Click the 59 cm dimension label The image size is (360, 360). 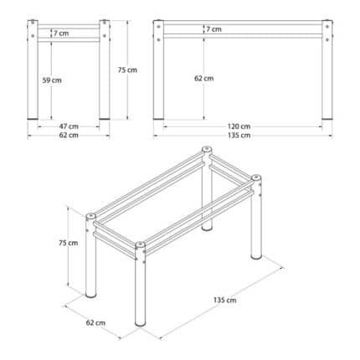52,80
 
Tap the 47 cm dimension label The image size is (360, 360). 69,126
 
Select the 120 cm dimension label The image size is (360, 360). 239,126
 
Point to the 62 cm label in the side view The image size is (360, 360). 204,78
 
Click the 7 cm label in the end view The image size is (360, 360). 61,33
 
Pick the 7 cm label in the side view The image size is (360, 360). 214,29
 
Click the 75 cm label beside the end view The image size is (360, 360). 127,69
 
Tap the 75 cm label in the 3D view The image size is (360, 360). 69,243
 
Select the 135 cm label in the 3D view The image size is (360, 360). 225,300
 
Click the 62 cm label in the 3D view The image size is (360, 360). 95,323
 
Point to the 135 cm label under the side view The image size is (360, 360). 239,136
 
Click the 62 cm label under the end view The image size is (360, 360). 69,136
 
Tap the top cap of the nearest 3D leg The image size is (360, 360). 140,244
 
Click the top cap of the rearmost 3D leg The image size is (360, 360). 207,149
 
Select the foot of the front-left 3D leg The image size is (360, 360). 90,295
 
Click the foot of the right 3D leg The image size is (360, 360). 256,256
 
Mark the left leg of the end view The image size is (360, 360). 33,69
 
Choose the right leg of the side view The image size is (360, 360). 327,69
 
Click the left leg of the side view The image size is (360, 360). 158,69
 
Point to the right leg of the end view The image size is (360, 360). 105,69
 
